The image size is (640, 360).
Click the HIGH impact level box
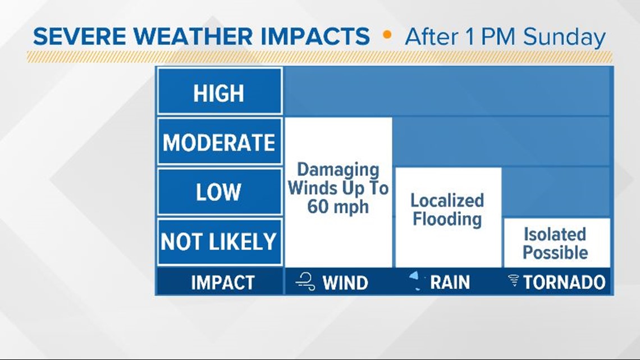[x=219, y=92]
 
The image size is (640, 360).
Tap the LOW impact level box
[x=219, y=192]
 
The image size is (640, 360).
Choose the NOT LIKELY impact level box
[x=219, y=241]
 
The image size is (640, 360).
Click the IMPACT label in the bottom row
[x=222, y=282]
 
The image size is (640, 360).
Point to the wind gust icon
[x=307, y=282]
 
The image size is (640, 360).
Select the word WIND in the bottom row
[x=345, y=282]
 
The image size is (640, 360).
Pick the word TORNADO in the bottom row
[x=564, y=282]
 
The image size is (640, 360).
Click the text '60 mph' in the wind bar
[x=338, y=207]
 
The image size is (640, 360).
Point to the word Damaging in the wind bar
[x=338, y=170]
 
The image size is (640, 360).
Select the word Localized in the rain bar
[x=447, y=200]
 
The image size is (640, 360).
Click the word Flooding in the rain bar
[x=447, y=218]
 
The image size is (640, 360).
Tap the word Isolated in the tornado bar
[x=555, y=234]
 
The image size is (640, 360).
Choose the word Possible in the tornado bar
[x=555, y=252]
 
